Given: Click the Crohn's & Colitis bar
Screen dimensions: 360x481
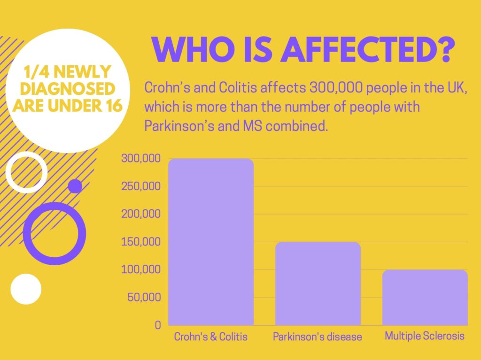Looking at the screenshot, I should (211, 242).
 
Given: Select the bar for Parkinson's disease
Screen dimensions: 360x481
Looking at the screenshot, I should (318, 283).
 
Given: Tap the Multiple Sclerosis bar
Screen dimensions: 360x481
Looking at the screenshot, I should (425, 298).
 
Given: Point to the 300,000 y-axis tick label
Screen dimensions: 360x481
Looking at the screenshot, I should (141, 159).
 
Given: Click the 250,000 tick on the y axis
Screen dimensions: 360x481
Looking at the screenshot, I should (141, 186).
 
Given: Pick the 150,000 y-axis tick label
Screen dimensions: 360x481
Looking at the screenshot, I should (141, 242).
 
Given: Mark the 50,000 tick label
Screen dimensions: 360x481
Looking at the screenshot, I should (144, 298).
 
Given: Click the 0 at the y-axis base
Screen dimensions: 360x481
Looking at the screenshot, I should (157, 325).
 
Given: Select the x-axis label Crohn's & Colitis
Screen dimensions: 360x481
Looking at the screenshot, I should (210, 337).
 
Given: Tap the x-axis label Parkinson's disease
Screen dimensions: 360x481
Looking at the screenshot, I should (318, 337).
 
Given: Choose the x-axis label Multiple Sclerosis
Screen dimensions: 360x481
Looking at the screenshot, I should (425, 336).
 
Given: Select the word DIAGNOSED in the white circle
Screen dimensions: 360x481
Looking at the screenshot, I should (64, 89).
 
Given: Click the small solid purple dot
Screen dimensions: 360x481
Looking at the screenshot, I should (75, 186).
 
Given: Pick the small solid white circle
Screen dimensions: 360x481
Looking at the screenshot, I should (26, 289).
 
